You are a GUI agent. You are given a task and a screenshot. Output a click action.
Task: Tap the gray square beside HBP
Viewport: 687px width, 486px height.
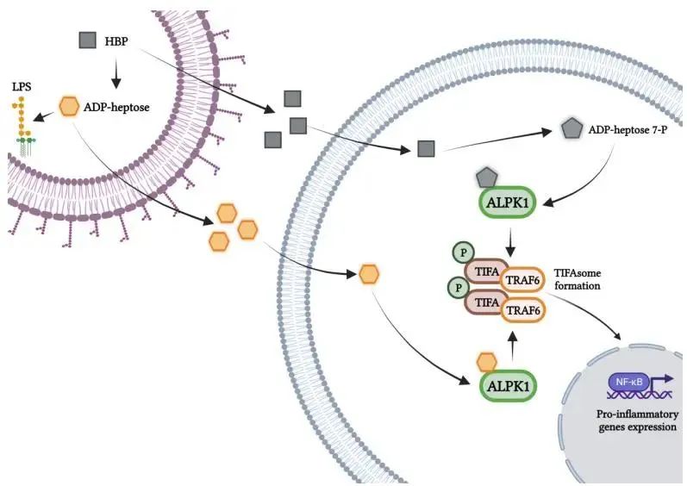point(87,40)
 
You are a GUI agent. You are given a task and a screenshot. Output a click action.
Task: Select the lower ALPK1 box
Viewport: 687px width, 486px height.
point(509,385)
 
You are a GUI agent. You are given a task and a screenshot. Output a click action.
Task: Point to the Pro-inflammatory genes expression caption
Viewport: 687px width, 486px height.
point(637,421)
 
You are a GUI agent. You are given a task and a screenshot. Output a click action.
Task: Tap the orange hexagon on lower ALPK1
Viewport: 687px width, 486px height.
point(487,361)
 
